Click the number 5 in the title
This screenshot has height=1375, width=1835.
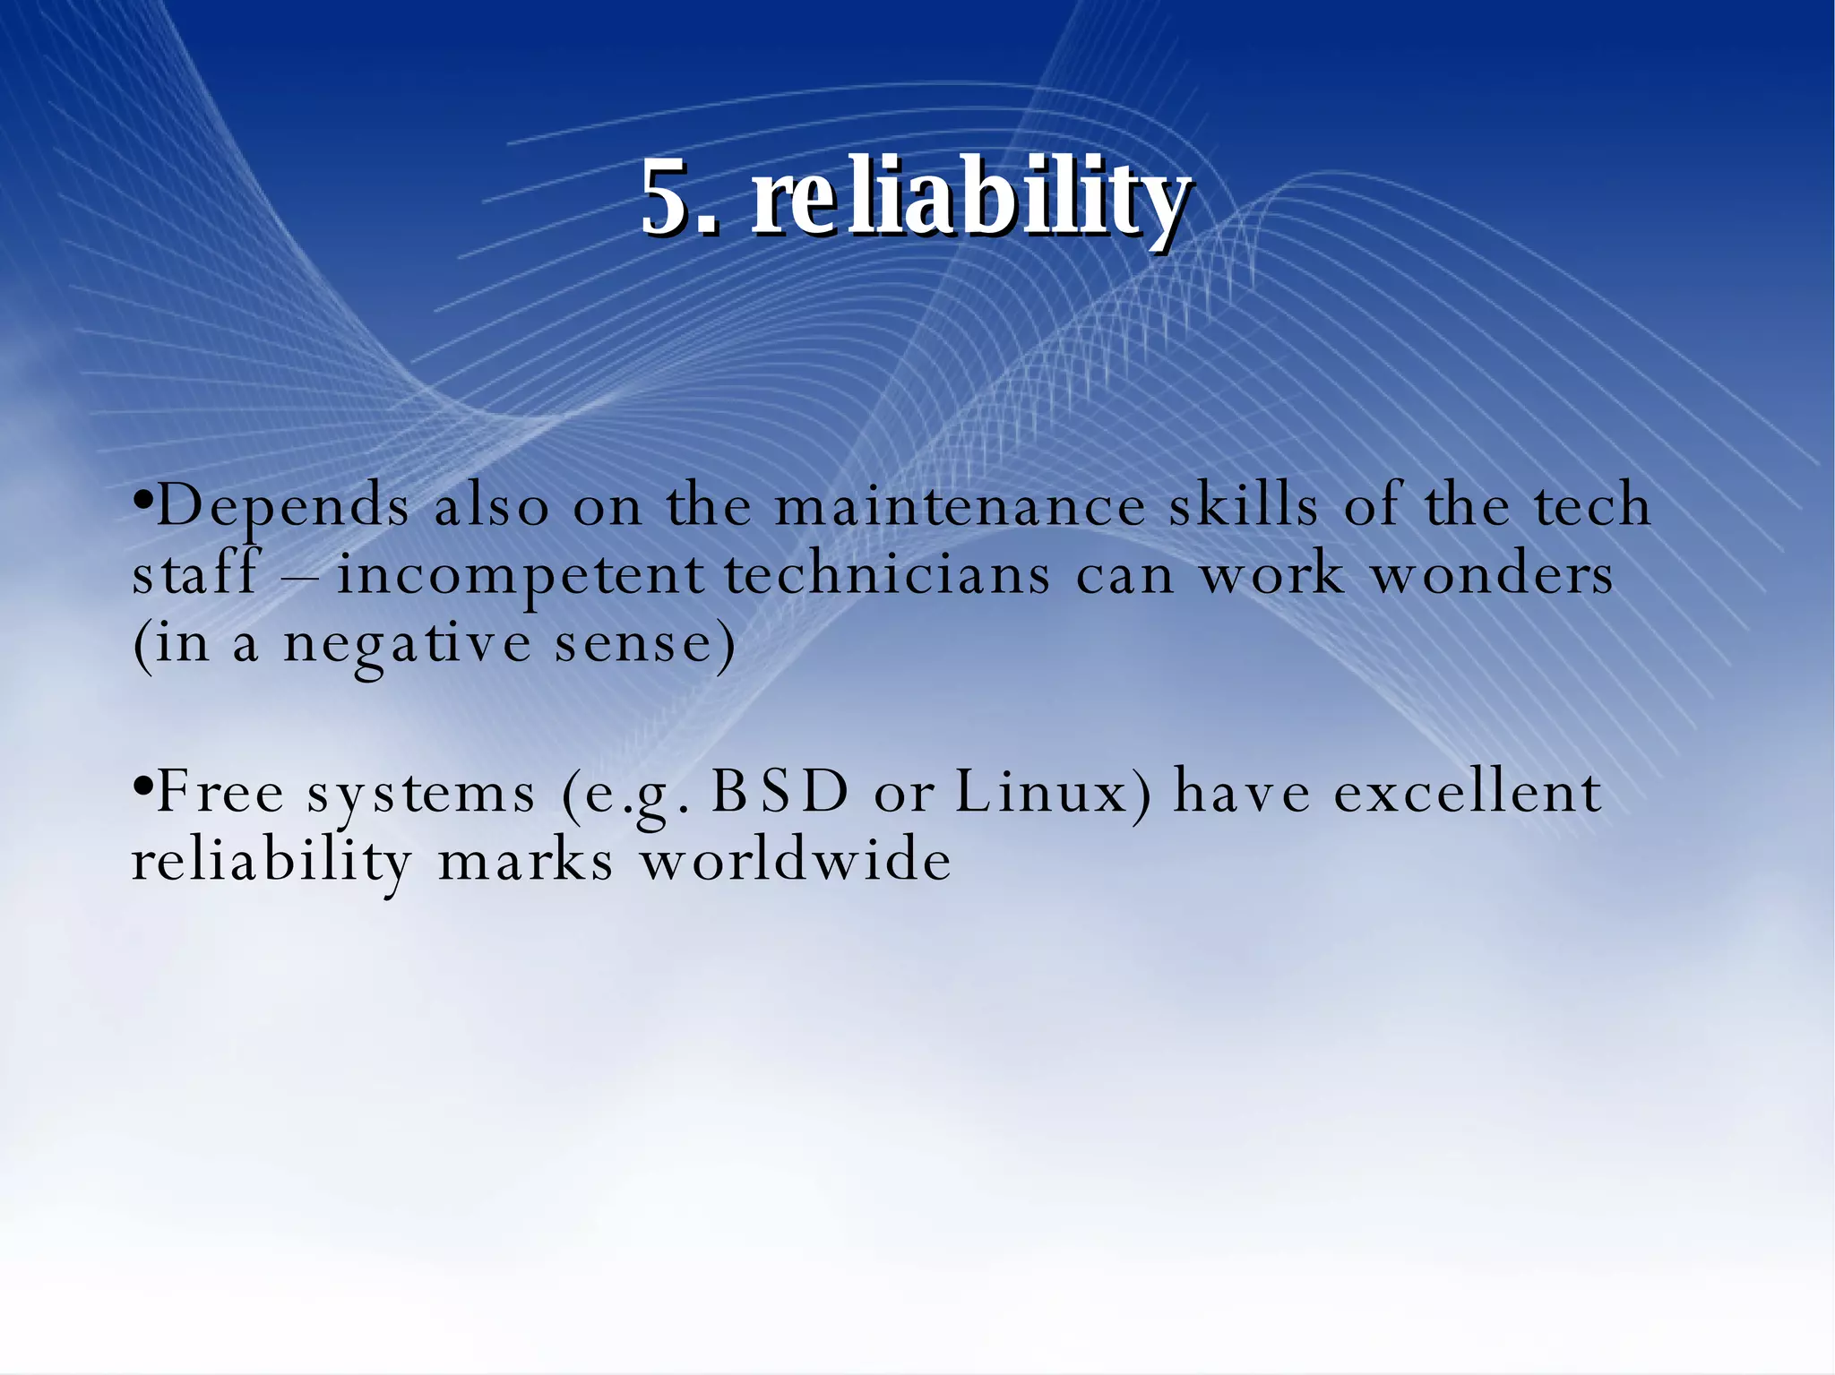coord(667,198)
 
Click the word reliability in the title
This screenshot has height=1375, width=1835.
coord(969,198)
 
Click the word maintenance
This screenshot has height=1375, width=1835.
coord(960,505)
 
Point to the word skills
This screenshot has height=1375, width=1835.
coord(1243,505)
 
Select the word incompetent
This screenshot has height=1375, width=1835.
coord(521,575)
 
